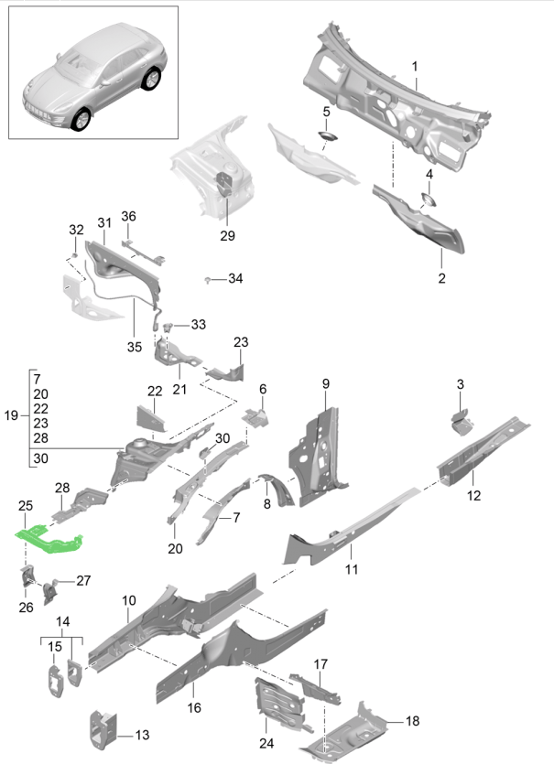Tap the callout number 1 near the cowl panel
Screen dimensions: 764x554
[x=414, y=67]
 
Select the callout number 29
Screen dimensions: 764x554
[x=227, y=235]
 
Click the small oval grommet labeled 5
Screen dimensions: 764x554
[x=326, y=136]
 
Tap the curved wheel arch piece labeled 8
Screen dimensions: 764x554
[x=275, y=488]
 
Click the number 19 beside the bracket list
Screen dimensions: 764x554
[x=11, y=416]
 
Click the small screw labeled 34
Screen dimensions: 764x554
[x=210, y=278]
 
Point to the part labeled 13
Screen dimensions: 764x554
[x=99, y=725]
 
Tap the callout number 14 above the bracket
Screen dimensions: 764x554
[x=62, y=622]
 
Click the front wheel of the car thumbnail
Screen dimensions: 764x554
[x=83, y=121]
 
